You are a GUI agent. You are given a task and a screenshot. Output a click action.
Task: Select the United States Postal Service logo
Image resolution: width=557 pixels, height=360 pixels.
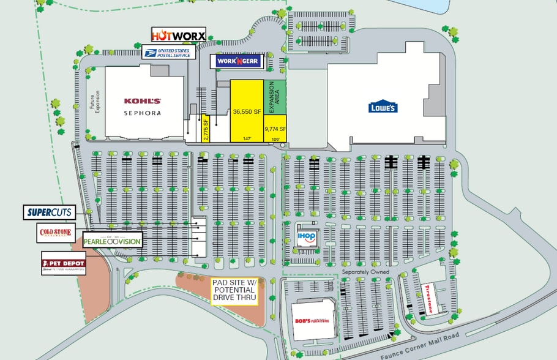click(x=169, y=51)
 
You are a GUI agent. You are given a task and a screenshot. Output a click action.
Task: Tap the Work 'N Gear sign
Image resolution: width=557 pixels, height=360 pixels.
click(x=237, y=61)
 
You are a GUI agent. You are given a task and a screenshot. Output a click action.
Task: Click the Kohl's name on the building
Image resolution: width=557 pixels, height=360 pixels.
click(x=143, y=101)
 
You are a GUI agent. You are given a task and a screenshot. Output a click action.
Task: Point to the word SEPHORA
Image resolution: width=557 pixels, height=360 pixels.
click(x=143, y=113)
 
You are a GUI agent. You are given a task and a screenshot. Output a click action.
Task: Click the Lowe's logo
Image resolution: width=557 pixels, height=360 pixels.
click(x=383, y=107)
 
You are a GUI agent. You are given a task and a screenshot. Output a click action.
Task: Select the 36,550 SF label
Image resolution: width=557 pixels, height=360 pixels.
click(x=247, y=112)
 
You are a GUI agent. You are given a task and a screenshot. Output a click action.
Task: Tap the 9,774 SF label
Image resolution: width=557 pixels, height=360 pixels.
click(x=275, y=129)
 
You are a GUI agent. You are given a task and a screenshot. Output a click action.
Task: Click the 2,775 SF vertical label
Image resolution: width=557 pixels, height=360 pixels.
click(x=206, y=129)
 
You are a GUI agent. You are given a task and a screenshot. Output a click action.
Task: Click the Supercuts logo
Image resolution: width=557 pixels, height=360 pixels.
click(x=50, y=212)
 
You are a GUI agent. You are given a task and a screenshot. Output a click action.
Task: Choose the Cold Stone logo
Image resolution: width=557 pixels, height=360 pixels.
click(x=55, y=233)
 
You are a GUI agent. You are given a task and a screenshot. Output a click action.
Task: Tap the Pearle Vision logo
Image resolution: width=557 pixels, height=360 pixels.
click(x=112, y=241)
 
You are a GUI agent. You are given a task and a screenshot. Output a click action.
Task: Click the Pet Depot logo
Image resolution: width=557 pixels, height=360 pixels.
click(x=64, y=263)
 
